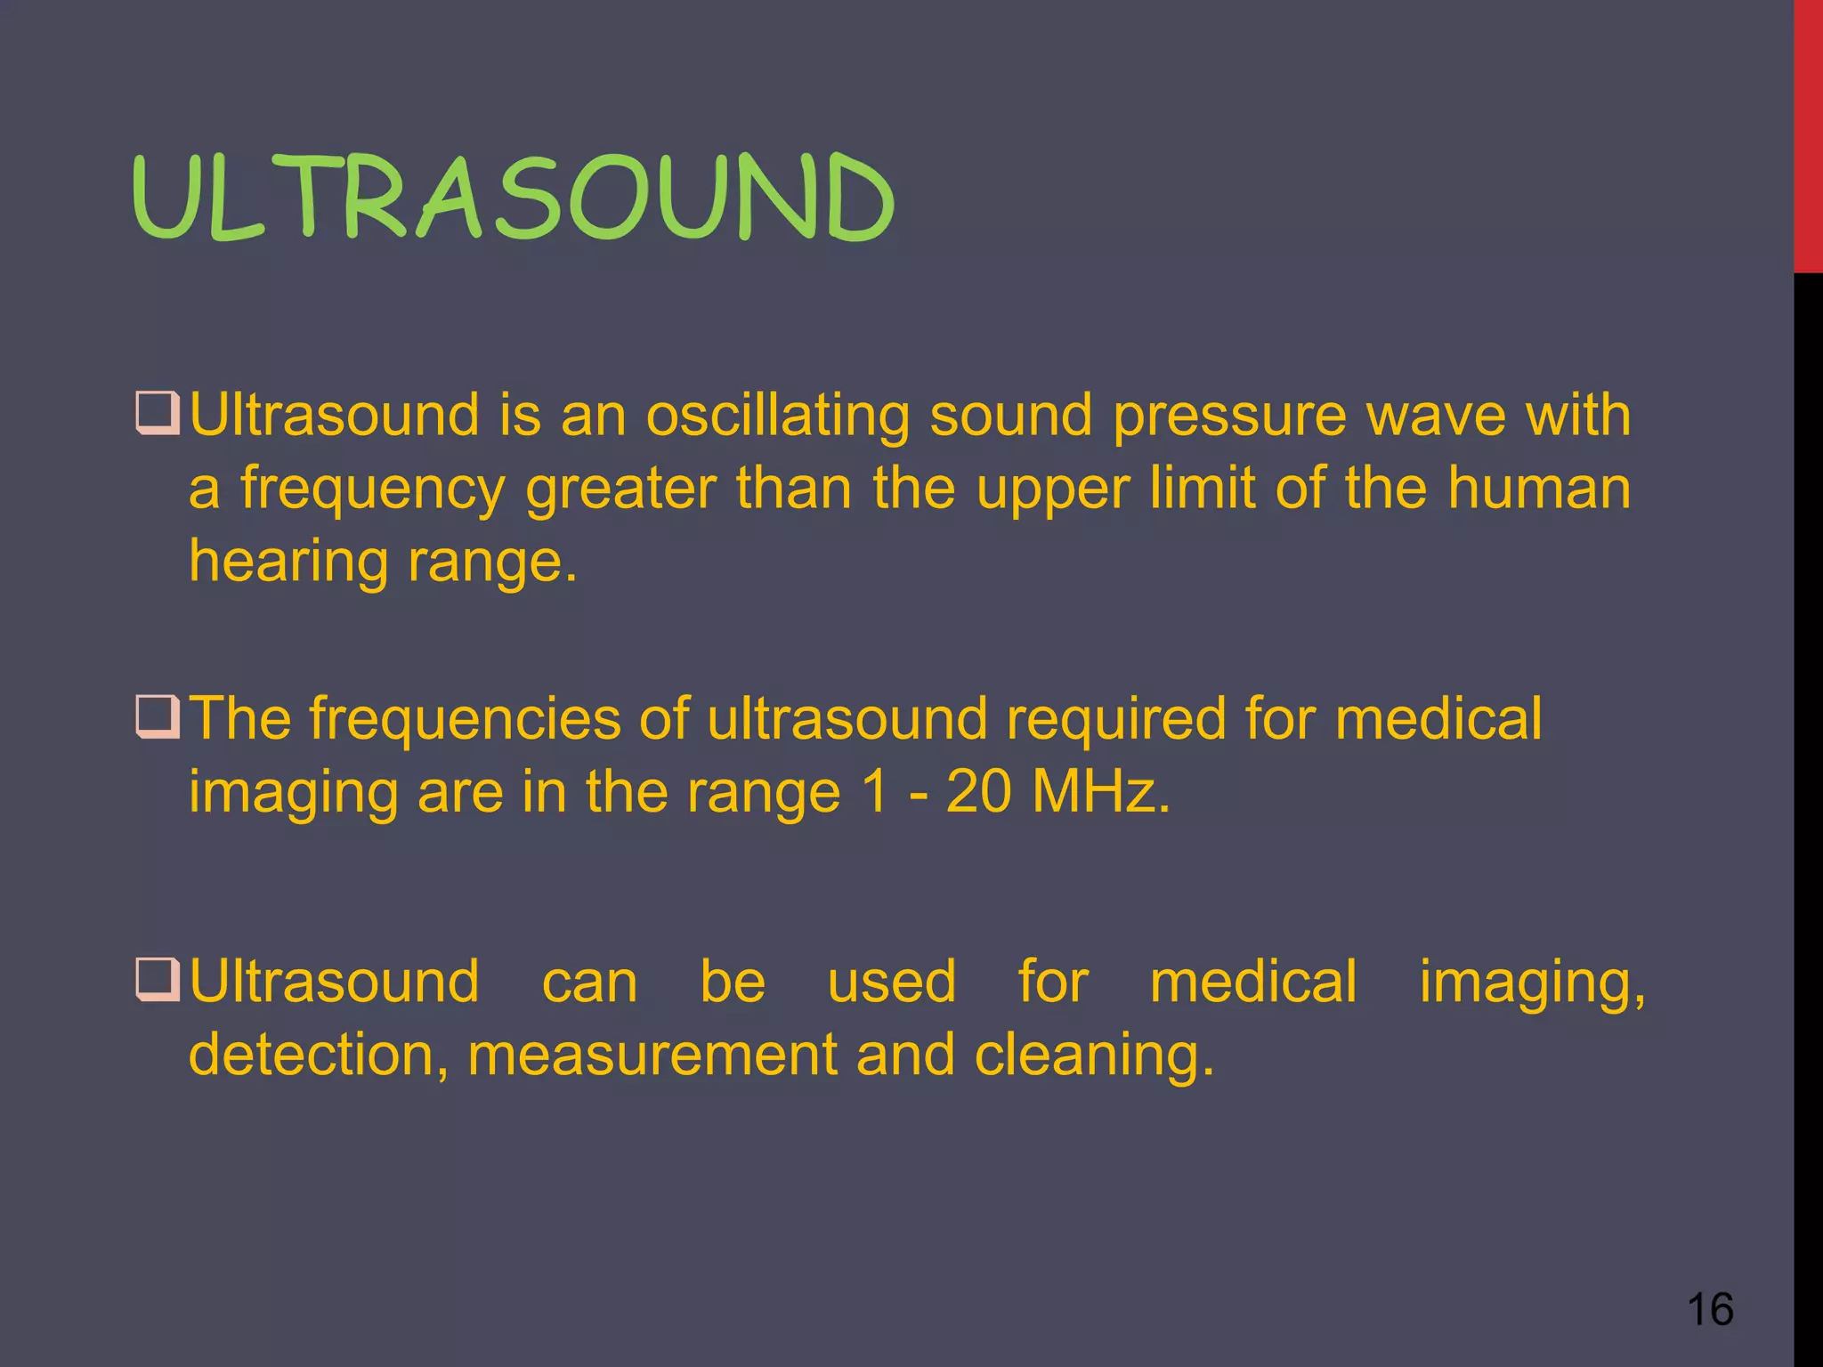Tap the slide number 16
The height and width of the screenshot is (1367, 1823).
(1710, 1309)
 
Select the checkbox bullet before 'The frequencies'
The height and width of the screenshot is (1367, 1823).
(158, 716)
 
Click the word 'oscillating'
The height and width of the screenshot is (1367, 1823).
(777, 417)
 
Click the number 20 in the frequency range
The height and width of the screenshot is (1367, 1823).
(978, 791)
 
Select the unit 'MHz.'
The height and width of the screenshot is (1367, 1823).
(1101, 791)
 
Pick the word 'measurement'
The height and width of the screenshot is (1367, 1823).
(652, 1054)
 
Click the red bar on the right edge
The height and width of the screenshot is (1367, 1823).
(1808, 133)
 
